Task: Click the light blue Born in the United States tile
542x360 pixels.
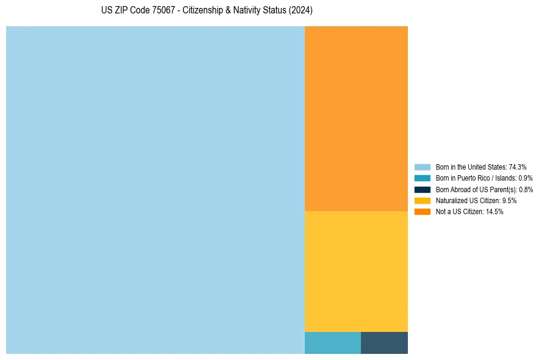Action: click(155, 190)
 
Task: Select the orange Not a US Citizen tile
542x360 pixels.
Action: click(356, 118)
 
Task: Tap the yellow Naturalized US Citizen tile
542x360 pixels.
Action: click(356, 271)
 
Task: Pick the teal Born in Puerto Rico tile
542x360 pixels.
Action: click(333, 343)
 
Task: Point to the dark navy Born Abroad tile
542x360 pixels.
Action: click(384, 343)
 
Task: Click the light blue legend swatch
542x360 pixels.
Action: click(423, 167)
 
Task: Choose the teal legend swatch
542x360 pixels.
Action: click(423, 178)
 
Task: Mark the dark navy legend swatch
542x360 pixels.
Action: click(423, 190)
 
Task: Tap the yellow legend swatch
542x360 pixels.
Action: click(423, 201)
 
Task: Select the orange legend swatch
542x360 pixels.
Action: click(423, 212)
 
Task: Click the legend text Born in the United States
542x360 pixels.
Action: click(471, 167)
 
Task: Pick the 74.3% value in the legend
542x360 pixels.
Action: click(518, 167)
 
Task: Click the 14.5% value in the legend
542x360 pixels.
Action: click(494, 212)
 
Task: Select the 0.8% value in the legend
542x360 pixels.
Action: click(526, 190)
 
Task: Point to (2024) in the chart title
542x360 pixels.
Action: click(301, 11)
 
